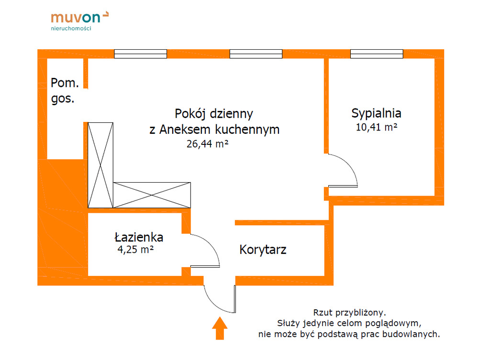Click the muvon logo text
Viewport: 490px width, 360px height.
point(76,18)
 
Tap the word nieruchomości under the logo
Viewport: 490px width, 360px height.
point(71,29)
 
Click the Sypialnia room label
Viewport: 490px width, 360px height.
point(376,114)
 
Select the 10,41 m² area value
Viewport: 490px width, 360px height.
point(377,128)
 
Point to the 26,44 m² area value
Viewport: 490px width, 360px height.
point(207,144)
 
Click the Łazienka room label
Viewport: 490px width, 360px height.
point(139,237)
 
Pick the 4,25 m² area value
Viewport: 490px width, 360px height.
point(135,249)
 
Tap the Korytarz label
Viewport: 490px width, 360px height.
point(263,250)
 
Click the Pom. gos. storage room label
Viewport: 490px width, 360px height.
point(64,91)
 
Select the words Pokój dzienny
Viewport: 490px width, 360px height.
point(214,114)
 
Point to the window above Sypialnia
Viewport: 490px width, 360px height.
point(376,54)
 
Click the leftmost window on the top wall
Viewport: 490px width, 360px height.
point(140,54)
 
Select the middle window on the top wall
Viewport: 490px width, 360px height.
point(256,54)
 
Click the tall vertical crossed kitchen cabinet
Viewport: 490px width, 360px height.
point(100,165)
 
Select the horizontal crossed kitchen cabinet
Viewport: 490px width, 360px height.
point(152,195)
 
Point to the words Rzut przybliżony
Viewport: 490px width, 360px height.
point(349,313)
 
